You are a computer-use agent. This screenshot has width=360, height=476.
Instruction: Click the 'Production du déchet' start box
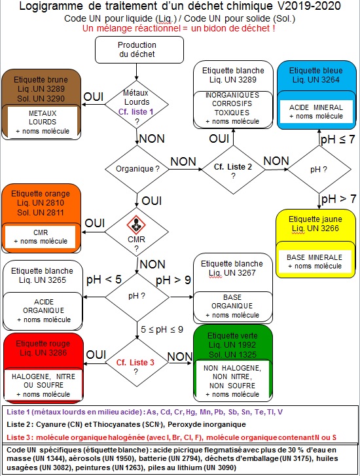click(139, 50)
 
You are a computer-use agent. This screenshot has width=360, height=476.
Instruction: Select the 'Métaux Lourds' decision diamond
click(137, 104)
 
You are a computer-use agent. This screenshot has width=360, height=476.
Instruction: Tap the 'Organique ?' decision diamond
click(137, 169)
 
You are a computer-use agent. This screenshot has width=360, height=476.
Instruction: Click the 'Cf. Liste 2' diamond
click(233, 170)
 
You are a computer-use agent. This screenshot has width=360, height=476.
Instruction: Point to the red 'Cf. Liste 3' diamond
click(136, 363)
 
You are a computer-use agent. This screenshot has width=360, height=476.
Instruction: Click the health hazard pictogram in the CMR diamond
click(136, 225)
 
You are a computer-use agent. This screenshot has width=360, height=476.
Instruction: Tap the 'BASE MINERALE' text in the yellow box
click(314, 257)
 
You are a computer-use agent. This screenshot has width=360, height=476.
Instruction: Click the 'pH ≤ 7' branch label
click(338, 139)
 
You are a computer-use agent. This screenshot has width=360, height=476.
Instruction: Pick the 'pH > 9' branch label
click(173, 280)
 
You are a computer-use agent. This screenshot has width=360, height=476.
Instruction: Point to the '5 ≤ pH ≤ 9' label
click(162, 330)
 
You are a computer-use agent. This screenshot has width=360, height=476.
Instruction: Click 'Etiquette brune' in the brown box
click(41, 80)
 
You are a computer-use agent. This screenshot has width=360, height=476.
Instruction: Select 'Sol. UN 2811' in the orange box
click(41, 213)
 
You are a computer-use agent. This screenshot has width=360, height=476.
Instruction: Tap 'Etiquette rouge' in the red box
click(43, 344)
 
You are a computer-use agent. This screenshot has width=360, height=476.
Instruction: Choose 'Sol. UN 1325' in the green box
click(232, 355)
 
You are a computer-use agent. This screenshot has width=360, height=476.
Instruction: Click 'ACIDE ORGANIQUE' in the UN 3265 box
click(44, 306)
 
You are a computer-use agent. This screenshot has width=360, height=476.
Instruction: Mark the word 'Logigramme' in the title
click(51, 6)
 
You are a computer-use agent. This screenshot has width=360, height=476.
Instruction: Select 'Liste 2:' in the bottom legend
click(20, 424)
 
